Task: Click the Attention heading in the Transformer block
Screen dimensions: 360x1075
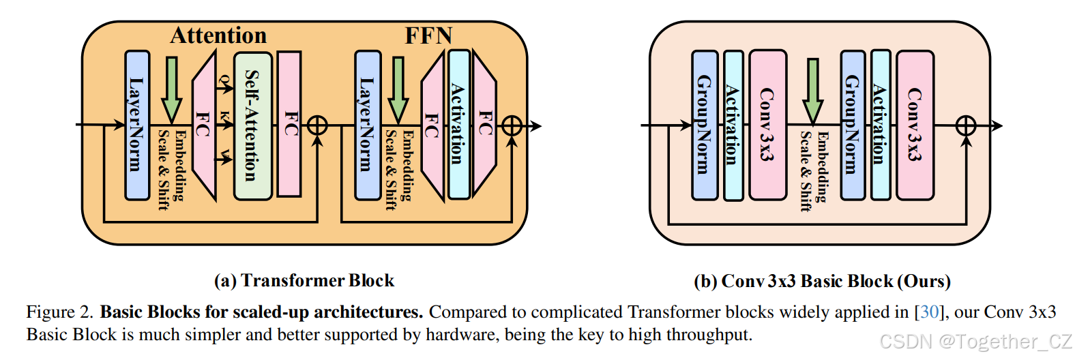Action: click(218, 35)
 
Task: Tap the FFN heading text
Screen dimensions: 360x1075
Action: click(428, 35)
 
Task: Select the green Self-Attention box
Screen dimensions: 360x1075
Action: click(252, 126)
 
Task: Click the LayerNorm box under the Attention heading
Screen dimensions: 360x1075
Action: click(137, 125)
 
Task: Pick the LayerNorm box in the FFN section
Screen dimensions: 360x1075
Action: click(368, 125)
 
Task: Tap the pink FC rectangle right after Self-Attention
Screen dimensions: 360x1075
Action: click(289, 124)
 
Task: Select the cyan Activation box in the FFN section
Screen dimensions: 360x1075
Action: click(458, 124)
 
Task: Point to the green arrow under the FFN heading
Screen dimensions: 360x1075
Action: click(398, 89)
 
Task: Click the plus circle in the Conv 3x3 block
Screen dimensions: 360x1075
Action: click(966, 125)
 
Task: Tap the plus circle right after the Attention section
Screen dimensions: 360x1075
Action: click(317, 125)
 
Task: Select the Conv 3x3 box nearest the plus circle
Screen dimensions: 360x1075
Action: click(915, 125)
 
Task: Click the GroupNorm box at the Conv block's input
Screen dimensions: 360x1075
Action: click(705, 125)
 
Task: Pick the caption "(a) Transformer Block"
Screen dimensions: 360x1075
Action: click(304, 281)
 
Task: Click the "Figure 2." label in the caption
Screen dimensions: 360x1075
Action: click(60, 312)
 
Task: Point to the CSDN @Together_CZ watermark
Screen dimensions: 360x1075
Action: click(975, 341)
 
